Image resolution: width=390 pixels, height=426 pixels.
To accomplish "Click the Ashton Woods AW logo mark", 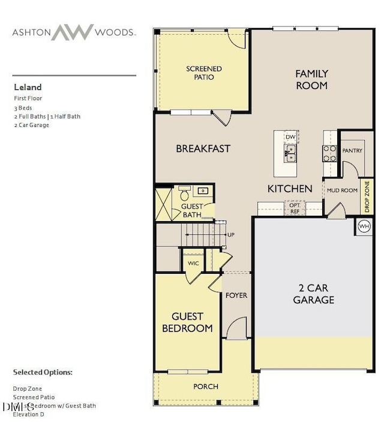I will coord(73,32).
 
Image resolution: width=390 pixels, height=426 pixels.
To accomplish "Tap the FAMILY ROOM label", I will coord(311,80).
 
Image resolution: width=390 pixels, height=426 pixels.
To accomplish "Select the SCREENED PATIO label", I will coord(203,73).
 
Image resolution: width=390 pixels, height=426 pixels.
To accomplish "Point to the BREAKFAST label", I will coord(203,149).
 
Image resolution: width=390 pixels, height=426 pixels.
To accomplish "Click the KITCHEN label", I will coord(290,189).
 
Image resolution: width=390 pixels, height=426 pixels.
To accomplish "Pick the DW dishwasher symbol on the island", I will coord(290,137).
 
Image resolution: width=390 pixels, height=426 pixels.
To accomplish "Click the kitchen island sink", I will coord(290,156).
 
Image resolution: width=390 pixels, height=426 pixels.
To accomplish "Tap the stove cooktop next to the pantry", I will coord(329,153).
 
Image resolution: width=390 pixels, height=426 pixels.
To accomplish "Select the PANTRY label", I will coord(352,150).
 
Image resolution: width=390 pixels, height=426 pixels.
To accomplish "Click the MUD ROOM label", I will coord(342,191).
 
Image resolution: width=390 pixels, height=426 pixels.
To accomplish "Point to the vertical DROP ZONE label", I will coord(367,196).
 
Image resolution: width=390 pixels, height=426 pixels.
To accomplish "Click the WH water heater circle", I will coord(364,226).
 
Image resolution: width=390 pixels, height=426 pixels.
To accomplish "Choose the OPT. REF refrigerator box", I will coord(295,209).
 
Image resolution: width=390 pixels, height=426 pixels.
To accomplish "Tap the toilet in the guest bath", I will coord(184,194).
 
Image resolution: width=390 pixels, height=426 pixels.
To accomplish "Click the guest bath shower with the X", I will coord(164,204).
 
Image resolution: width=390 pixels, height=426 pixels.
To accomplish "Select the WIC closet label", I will coord(193,263).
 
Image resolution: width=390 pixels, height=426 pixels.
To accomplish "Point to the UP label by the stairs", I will coord(230,234).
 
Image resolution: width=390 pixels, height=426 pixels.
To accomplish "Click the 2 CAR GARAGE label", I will coord(313,294).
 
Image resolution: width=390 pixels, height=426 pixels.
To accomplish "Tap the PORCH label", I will coord(205,386).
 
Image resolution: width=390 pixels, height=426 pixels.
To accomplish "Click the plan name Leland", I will coord(28,87).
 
